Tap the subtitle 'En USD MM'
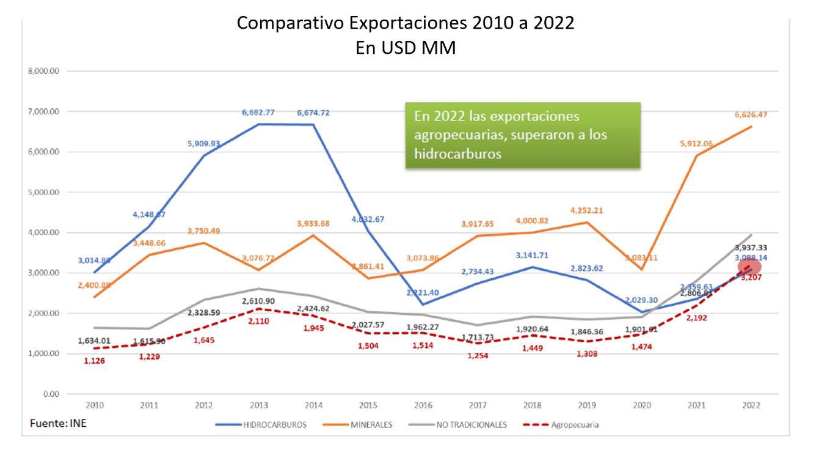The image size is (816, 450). (x=406, y=48)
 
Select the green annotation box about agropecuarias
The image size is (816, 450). (x=523, y=135)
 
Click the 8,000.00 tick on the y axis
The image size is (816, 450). (x=43, y=72)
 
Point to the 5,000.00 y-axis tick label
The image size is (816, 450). (x=43, y=193)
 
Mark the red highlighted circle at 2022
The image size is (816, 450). (x=749, y=267)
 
